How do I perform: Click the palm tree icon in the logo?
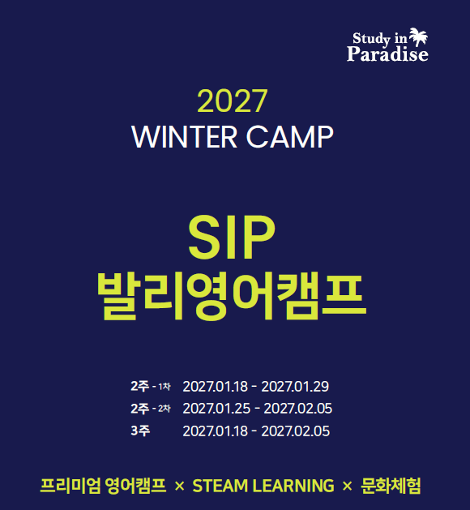[418, 36]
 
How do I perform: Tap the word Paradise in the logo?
[387, 54]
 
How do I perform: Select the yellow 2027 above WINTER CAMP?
[232, 101]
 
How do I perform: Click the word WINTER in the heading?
[184, 137]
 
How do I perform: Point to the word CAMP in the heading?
[289, 137]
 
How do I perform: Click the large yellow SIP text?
[232, 238]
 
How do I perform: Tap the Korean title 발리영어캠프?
[232, 297]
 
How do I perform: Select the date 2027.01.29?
[295, 387]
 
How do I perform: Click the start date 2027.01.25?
[216, 409]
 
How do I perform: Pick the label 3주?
[140, 431]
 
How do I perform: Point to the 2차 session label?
[164, 409]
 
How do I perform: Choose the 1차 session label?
[164, 387]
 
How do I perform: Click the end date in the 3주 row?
[296, 431]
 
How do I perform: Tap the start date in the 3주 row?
[216, 431]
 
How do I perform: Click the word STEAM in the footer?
[220, 486]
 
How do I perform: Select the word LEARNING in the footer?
[293, 486]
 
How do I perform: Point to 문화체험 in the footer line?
[391, 486]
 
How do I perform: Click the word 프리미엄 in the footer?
[70, 486]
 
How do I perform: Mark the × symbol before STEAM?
[179, 486]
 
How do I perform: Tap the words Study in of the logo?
[379, 39]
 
